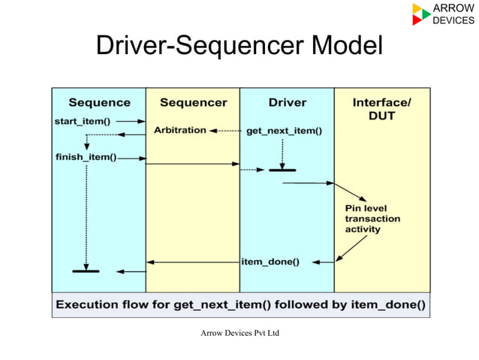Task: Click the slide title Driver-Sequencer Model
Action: tap(239, 46)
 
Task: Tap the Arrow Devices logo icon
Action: tap(421, 14)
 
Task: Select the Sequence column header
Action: tap(99, 102)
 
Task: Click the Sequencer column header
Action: tap(193, 102)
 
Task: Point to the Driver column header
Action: tap(287, 102)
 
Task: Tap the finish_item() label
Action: tap(86, 157)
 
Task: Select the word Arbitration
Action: tap(180, 130)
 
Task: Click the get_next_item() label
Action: tap(284, 131)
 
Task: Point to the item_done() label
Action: tap(270, 262)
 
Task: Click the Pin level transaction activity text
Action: tap(372, 218)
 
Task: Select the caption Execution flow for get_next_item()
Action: tap(241, 305)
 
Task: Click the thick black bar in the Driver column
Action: tap(282, 170)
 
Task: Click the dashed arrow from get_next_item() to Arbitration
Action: tap(225, 131)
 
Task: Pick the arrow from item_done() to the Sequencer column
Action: tap(192, 262)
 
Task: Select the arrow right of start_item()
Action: tap(131, 120)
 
